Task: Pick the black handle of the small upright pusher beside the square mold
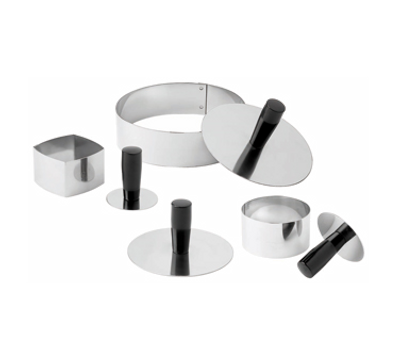coord(131,172)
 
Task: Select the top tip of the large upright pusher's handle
coord(179,203)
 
